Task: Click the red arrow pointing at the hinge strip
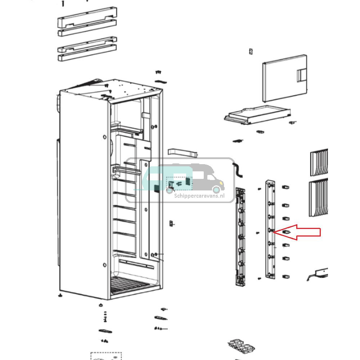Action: pyautogui.click(x=302, y=232)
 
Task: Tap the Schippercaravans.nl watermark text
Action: pyautogui.click(x=199, y=196)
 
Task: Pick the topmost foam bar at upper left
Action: pyautogui.click(x=87, y=17)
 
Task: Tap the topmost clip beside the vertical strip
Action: pyautogui.click(x=286, y=187)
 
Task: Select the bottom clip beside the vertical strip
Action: pyautogui.click(x=286, y=277)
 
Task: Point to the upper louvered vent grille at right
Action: pyautogui.click(x=319, y=162)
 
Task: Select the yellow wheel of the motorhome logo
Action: pyautogui.click(x=216, y=189)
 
